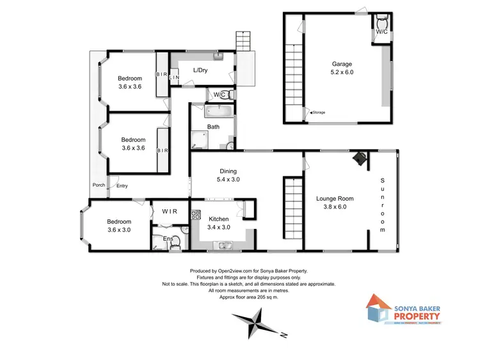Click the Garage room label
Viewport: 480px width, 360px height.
[x=342, y=64]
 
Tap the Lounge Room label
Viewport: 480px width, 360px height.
[x=335, y=198]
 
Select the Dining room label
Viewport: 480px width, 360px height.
[x=228, y=171]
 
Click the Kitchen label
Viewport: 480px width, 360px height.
[x=218, y=218]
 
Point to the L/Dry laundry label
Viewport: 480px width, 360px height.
[x=201, y=70]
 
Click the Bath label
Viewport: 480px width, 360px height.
[x=213, y=127]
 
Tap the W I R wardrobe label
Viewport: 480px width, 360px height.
[x=170, y=211]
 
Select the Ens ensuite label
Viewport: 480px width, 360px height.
[x=168, y=239]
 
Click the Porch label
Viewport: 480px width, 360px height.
[x=99, y=185]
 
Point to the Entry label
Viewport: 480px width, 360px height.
[x=122, y=186]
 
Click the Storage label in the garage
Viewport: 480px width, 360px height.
[x=319, y=113]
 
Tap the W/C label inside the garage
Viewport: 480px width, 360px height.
[x=381, y=31]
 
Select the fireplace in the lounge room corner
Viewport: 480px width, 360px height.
[x=360, y=158]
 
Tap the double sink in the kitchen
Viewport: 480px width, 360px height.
[x=223, y=245]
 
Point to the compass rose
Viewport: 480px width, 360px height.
[x=256, y=322]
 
